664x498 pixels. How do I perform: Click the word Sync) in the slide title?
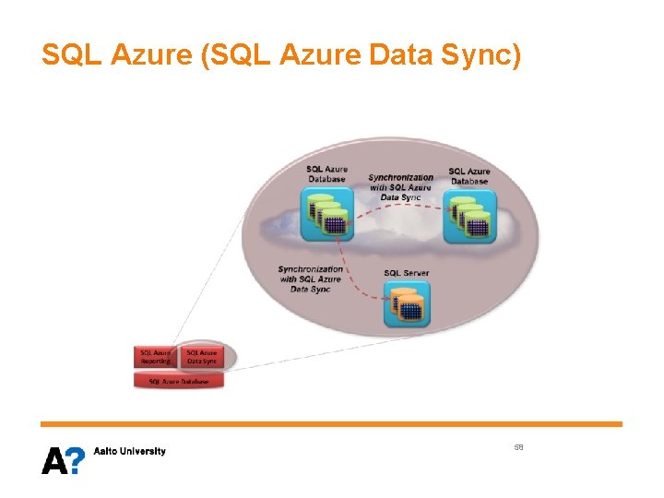click(485, 56)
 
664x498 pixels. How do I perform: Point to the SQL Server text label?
click(406, 273)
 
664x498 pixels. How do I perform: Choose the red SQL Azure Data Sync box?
click(202, 356)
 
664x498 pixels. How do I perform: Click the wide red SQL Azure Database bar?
click(179, 381)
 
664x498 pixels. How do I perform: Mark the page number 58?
click(519, 446)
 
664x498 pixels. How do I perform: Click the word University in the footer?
click(144, 451)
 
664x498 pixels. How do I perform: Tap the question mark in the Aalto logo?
click(76, 459)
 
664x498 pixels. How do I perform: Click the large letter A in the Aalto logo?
click(53, 459)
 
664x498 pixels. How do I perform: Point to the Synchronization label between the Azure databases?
click(400, 186)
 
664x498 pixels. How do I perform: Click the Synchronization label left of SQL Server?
click(310, 279)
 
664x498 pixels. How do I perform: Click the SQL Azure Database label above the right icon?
click(469, 175)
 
